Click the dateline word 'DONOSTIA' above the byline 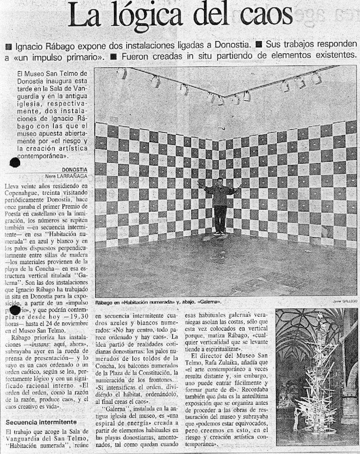click(75, 169)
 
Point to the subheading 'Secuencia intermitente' click(41, 422)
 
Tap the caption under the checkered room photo click(158, 302)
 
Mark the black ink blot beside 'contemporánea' click(15, 162)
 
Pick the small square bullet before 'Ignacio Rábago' click(8, 47)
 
